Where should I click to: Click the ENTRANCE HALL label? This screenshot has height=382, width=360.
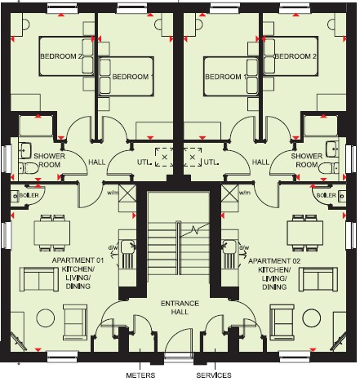click(180, 307)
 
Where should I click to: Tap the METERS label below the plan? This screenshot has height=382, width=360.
click(140, 375)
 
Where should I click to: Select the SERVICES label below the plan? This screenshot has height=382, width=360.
click(214, 375)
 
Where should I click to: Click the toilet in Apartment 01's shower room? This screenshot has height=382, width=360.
click(29, 168)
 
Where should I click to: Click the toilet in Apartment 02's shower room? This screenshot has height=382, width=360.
click(328, 168)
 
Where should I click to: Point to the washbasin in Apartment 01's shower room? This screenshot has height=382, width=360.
click(25, 150)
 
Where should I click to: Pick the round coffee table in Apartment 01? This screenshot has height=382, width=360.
click(46, 318)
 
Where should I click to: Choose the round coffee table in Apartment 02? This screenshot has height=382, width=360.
click(312, 318)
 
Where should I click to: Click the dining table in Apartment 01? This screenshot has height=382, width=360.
click(52, 233)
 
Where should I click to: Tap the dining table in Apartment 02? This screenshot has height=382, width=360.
click(305, 233)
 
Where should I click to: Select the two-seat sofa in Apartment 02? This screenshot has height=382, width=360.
click(318, 279)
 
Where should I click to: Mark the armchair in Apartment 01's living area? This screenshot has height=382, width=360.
click(75, 322)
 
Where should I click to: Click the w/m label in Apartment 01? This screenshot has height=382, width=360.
click(113, 193)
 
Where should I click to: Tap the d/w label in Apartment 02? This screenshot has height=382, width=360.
click(244, 247)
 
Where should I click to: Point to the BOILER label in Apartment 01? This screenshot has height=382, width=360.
click(29, 195)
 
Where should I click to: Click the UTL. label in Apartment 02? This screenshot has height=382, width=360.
click(211, 162)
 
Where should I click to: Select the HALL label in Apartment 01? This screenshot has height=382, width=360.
click(97, 162)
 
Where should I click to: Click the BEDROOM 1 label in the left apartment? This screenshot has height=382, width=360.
click(133, 77)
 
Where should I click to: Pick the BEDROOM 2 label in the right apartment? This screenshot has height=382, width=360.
click(296, 56)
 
